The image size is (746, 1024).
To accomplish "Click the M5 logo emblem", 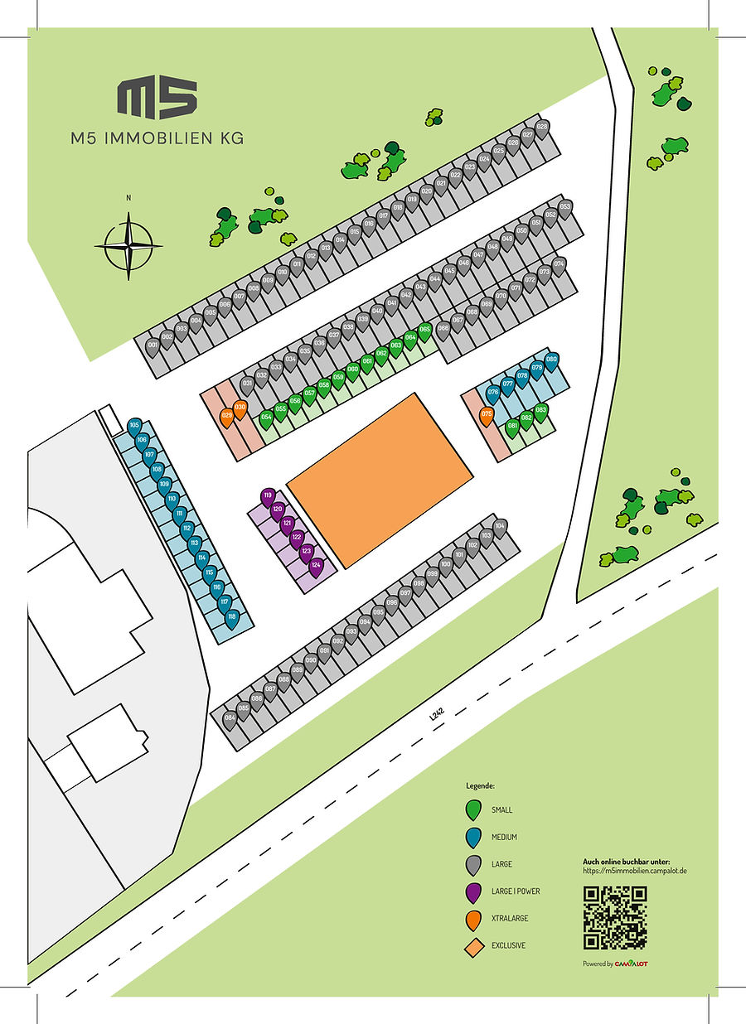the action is tap(157, 98).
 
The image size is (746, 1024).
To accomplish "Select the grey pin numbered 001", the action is tap(153, 346).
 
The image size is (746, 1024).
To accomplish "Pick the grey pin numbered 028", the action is tap(542, 128).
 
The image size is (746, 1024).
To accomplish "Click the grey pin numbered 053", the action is tap(564, 208).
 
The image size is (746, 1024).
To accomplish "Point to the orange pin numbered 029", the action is tap(226, 417).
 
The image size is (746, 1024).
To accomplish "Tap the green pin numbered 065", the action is tap(424, 331).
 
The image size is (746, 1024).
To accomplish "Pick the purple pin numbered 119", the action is tap(267, 497).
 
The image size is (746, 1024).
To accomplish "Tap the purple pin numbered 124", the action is tap(316, 567).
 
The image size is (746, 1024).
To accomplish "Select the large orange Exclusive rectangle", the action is tap(380, 480).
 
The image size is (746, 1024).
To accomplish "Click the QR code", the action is tap(614, 917).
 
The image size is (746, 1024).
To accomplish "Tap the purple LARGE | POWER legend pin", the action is tap(473, 892).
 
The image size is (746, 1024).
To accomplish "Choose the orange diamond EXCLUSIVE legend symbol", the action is tap(473, 946).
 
